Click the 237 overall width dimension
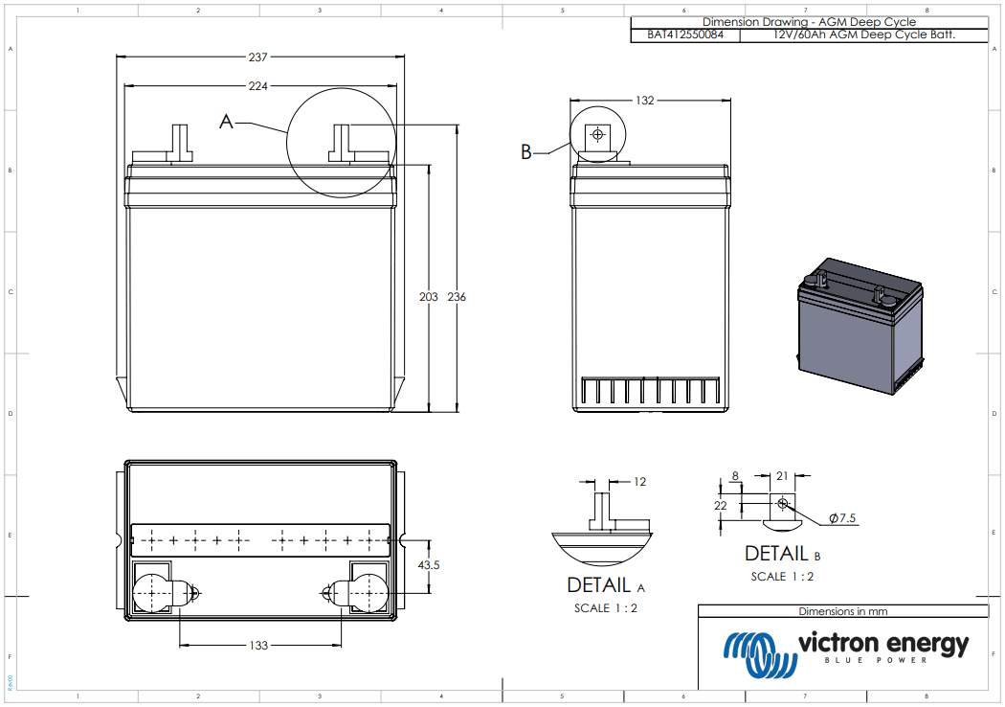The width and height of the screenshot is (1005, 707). click(x=257, y=57)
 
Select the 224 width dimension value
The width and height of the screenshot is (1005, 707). click(x=257, y=86)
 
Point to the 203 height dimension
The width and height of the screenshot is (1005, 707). click(x=429, y=297)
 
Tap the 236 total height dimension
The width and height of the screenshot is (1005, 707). click(x=457, y=297)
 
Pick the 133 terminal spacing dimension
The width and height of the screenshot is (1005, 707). click(x=258, y=646)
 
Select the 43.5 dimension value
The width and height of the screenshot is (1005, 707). click(x=429, y=565)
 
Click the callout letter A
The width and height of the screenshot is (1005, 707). click(x=227, y=122)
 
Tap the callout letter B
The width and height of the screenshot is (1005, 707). click(x=525, y=151)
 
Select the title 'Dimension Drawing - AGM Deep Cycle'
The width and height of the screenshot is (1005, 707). click(x=809, y=21)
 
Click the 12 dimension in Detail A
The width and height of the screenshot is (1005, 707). click(x=640, y=482)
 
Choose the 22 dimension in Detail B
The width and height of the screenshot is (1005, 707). click(x=721, y=505)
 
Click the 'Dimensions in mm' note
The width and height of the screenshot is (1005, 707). click(x=842, y=611)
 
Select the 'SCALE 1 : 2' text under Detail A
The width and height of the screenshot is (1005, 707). click(x=606, y=608)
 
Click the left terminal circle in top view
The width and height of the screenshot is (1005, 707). click(x=151, y=593)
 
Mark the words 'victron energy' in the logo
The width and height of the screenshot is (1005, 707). click(x=882, y=644)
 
